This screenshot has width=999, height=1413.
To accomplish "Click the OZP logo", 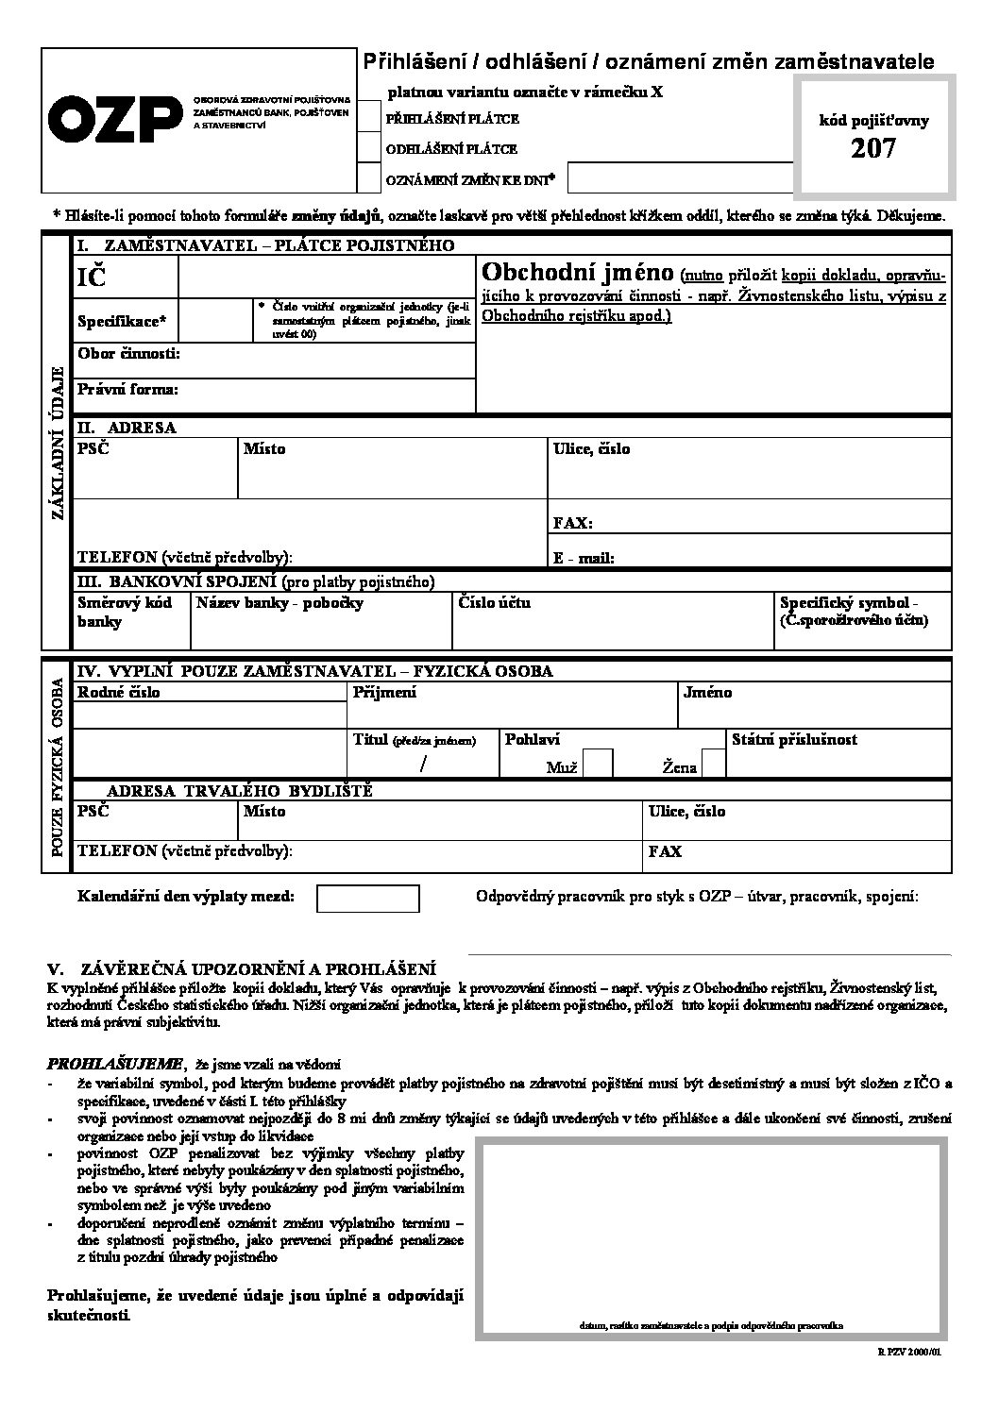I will click(x=114, y=120).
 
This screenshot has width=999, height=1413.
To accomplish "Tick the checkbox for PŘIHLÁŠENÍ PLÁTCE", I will click(x=367, y=119).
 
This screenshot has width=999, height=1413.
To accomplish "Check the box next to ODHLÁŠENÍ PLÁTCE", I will click(x=367, y=148).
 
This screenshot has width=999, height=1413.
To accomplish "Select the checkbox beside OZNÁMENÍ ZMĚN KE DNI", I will click(x=367, y=177).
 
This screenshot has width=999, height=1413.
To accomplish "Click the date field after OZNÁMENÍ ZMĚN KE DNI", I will click(x=680, y=177).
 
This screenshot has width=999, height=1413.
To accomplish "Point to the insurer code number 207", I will click(x=873, y=148).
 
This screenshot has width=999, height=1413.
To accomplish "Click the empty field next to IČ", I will click(x=326, y=278).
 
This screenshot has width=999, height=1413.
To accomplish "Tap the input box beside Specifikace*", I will click(x=216, y=321).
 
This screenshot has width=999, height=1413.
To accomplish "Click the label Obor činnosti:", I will click(x=128, y=354).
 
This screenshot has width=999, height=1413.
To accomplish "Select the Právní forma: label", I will click(x=127, y=389).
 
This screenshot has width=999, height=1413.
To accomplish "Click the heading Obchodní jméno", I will click(x=577, y=273).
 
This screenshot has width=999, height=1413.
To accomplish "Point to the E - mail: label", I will click(x=584, y=558).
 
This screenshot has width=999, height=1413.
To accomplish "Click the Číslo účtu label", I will click(x=494, y=602).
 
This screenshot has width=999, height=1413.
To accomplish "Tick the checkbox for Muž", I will click(x=598, y=763).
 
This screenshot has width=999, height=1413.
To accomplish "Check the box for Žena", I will click(x=714, y=763).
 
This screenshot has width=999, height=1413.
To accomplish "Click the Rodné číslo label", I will click(x=119, y=693).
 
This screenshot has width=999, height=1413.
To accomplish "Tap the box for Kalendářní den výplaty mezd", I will click(x=367, y=898).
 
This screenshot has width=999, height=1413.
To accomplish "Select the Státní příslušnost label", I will click(x=794, y=740).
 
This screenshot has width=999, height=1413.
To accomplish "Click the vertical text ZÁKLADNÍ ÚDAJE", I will click(x=57, y=442).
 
